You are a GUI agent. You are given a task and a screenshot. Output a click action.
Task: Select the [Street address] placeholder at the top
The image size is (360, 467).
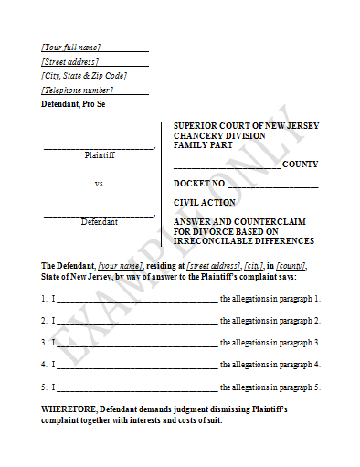(70, 61)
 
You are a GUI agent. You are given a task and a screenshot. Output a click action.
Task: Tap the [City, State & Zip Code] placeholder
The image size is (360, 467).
(84, 76)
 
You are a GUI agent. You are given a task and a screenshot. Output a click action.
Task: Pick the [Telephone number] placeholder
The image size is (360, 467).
(78, 90)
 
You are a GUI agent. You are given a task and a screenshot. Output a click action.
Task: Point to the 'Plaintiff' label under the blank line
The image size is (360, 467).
(99, 155)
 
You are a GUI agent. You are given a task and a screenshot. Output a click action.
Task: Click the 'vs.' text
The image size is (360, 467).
(100, 184)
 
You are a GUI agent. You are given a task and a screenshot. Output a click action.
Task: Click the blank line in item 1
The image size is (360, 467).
(137, 299)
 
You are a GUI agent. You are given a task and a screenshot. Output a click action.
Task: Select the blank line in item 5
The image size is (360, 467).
(137, 387)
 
